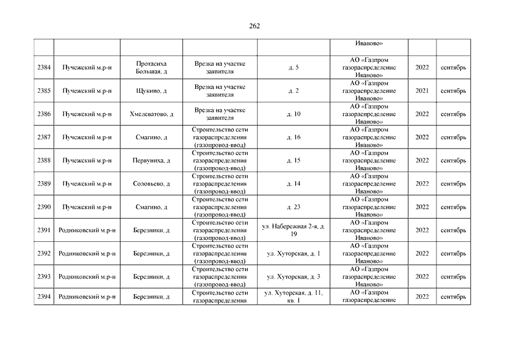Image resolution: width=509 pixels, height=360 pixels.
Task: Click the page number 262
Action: click(254, 25)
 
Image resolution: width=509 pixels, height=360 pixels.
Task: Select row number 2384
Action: click(44, 68)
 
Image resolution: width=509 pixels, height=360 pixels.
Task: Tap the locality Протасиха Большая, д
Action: click(151, 68)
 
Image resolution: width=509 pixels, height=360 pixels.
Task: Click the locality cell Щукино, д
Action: click(151, 91)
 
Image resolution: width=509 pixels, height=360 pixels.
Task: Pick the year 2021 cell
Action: click(422, 91)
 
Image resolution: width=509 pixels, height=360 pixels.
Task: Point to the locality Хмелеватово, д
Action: click(151, 114)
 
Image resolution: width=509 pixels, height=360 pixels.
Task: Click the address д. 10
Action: click(294, 114)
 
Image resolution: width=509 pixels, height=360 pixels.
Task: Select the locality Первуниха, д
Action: click(151, 160)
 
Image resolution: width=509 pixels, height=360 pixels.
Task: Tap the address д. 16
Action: click(294, 137)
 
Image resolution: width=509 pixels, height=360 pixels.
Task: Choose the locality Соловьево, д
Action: click(151, 184)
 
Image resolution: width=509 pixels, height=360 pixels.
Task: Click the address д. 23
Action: click(294, 207)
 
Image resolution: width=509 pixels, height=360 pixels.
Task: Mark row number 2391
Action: click(44, 230)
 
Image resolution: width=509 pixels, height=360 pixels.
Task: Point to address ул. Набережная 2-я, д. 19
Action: click(294, 230)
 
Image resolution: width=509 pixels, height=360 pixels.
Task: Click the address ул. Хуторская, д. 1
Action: click(294, 253)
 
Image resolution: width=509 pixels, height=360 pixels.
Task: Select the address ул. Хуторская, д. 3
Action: click(294, 276)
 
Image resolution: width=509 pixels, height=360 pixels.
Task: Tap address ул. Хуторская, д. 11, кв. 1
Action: click(294, 296)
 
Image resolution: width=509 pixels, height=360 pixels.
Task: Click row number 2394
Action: click(44, 296)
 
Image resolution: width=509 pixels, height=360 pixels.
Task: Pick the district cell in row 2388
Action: click(87, 160)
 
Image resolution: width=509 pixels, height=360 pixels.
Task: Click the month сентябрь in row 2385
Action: click(453, 91)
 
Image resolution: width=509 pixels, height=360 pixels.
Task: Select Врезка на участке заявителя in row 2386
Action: click(220, 114)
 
